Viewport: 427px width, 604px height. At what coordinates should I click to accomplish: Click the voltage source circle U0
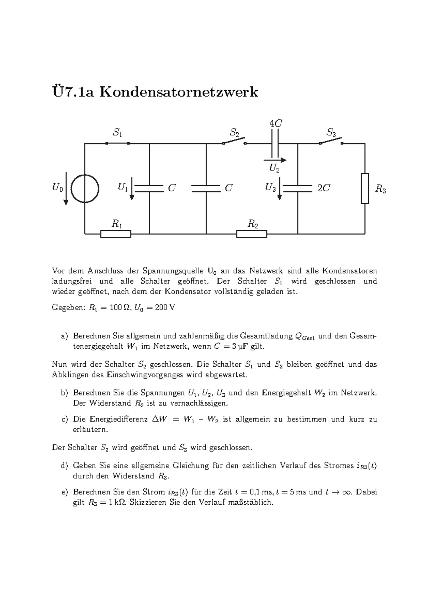pos(85,188)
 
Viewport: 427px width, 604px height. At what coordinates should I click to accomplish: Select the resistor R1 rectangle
pos(116,234)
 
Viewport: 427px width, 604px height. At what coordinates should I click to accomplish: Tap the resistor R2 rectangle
pos(252,234)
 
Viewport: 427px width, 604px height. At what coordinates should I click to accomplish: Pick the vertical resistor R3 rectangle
pos(365,189)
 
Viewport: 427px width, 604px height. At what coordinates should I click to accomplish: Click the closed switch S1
pos(117,143)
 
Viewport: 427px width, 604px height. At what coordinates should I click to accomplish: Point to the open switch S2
pos(234,142)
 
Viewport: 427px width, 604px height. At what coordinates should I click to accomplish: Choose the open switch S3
pos(331,141)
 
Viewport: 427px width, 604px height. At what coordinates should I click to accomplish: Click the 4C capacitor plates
pos(275,143)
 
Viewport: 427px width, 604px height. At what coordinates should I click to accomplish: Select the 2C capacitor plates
pos(297,188)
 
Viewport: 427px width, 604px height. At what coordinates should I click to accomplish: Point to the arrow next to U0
pos(66,188)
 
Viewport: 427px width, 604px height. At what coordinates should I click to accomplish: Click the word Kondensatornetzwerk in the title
pos(179,92)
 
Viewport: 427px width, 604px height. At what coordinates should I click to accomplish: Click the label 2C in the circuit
pos(323,188)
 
